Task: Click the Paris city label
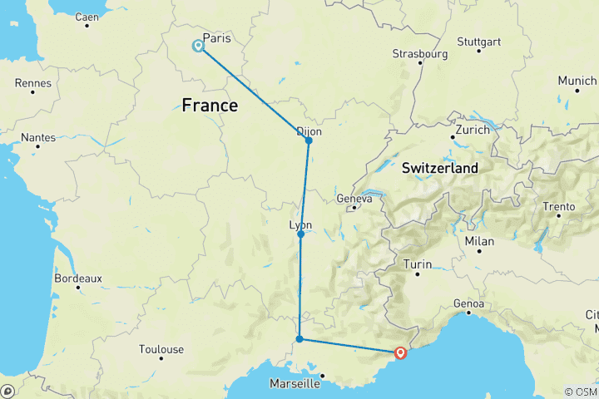tap(216, 38)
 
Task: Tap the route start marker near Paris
tap(199, 47)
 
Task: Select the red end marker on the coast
tap(401, 353)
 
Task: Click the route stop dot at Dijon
tap(309, 140)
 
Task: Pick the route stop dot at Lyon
tap(300, 234)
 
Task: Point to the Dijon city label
tap(309, 131)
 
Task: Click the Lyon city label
tap(299, 225)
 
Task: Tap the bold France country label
tap(210, 106)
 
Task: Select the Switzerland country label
tap(440, 168)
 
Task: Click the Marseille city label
tap(295, 384)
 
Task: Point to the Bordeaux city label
tap(78, 278)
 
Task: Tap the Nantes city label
tap(39, 137)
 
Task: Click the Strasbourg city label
tap(420, 54)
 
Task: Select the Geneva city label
tap(353, 199)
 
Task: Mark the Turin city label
tap(418, 264)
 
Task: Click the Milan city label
tap(480, 241)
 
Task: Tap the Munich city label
tap(577, 81)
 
